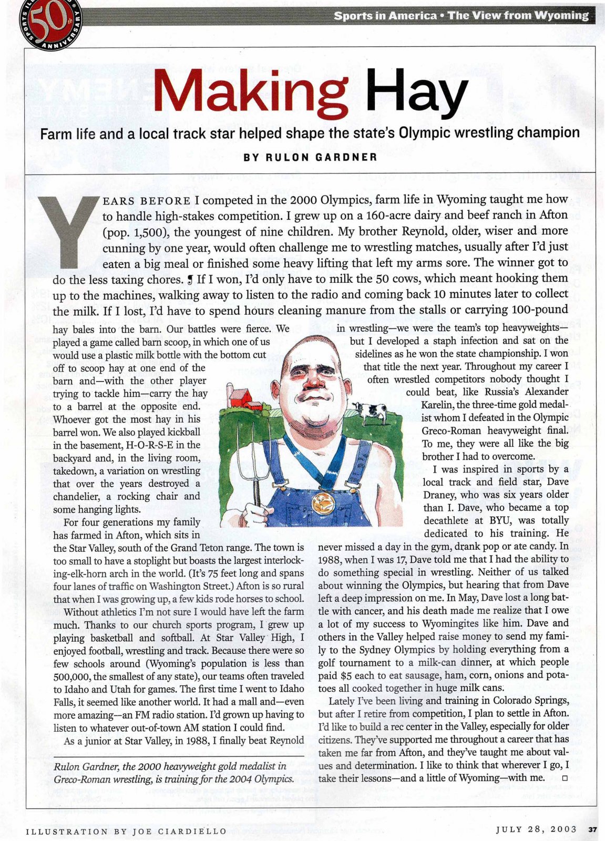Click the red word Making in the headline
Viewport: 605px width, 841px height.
click(x=250, y=92)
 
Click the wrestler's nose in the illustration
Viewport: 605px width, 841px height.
click(x=314, y=385)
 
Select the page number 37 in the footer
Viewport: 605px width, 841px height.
click(x=592, y=830)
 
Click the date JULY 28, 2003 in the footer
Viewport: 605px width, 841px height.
click(x=537, y=830)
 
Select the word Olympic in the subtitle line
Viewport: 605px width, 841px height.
click(x=423, y=132)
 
